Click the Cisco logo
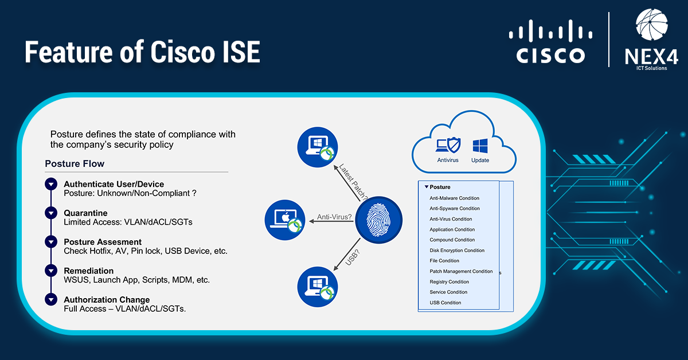550,41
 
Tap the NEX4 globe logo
652,25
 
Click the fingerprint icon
379,220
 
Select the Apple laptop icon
285,220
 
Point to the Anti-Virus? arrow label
334,217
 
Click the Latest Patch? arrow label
353,182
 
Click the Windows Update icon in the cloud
480,146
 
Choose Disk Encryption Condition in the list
457,251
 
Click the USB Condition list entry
445,303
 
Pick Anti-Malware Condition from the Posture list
454,198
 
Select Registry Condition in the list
449,281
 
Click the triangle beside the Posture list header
427,187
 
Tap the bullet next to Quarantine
51,213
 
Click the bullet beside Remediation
51,271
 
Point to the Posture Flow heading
75,164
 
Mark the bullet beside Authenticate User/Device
51,184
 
